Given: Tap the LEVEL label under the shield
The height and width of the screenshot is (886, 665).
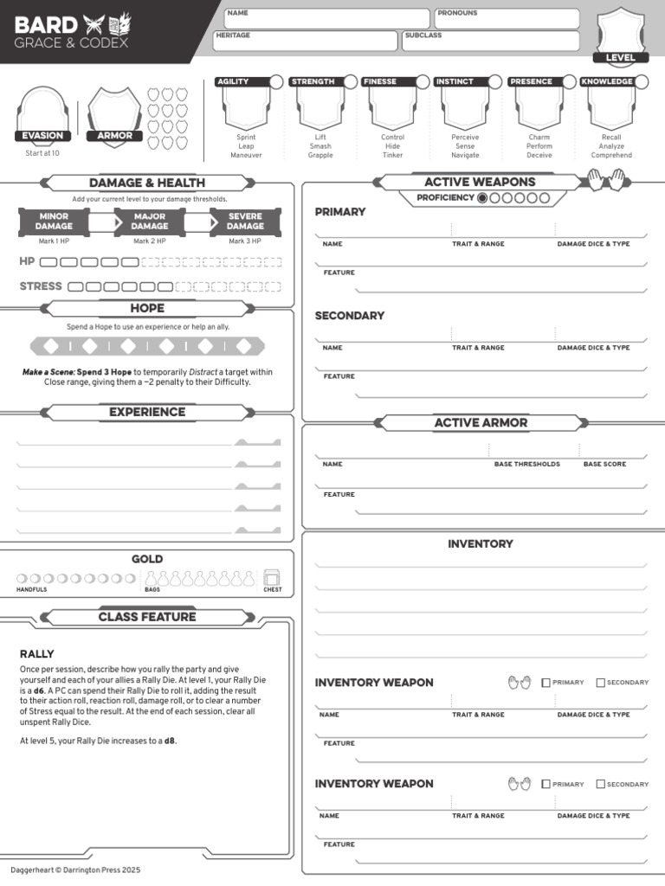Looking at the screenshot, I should coord(620,58).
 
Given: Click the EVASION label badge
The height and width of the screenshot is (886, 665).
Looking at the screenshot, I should coord(42,136).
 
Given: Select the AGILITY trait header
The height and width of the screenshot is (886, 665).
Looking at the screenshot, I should coord(233,81).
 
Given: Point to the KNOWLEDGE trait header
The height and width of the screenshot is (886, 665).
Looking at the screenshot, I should coord(606,81).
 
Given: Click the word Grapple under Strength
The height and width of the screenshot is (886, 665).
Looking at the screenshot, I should coord(320,156).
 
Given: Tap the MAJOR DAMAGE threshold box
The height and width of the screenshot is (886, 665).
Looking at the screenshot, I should coord(150,221).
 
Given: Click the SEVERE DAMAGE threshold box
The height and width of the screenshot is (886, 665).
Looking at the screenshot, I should coord(245,221).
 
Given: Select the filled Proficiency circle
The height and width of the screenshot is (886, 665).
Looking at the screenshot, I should coord(482,198).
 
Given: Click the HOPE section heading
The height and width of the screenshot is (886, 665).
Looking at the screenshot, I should coord(147,308).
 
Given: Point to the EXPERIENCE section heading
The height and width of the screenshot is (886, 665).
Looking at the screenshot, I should coord(147,412).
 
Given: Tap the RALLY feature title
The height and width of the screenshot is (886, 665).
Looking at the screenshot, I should coord(36,654).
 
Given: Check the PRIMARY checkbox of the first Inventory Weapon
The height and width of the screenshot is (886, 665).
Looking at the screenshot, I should coord(546,683).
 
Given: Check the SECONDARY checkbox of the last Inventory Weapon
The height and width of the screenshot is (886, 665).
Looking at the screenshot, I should coord(601,784).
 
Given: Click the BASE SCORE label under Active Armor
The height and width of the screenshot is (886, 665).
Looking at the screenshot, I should coord(604,464).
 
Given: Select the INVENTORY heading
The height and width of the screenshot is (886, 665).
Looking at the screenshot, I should coord(480,544).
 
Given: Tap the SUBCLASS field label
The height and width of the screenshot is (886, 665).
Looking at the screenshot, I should coord(423,35).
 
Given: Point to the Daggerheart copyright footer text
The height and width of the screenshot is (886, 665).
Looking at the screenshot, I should coord(75,870).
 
